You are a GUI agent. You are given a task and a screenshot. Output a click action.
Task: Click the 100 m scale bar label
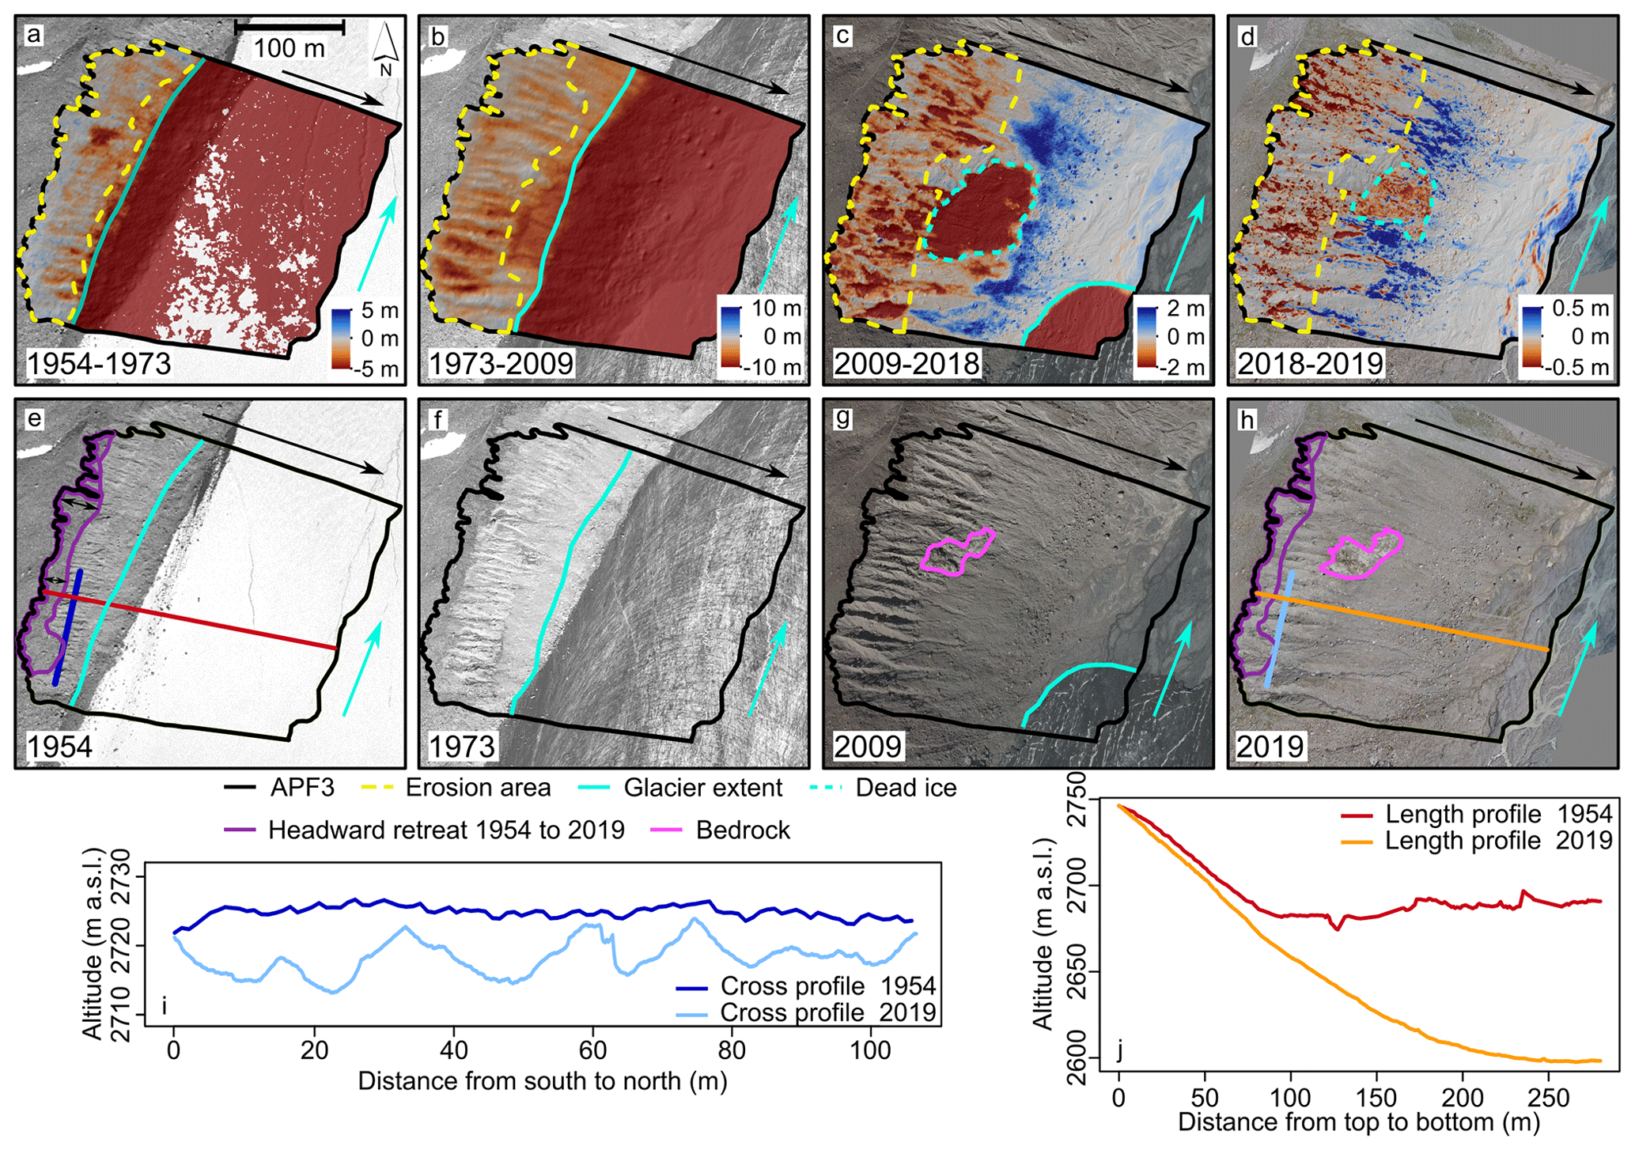click(289, 48)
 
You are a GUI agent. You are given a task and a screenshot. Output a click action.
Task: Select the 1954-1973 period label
click(99, 364)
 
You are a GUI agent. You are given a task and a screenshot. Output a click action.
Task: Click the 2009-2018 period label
click(906, 364)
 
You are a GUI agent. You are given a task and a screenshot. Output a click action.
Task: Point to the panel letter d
click(1247, 36)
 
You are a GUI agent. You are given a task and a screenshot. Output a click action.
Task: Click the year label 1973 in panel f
click(462, 746)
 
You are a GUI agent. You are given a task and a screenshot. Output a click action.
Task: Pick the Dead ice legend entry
click(906, 788)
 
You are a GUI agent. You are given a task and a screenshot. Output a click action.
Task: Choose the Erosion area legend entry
click(478, 788)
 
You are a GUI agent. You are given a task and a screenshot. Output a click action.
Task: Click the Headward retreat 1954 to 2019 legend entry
click(446, 830)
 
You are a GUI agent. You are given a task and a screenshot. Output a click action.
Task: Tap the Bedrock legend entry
click(743, 830)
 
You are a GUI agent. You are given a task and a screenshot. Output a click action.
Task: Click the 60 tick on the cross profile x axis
click(592, 1050)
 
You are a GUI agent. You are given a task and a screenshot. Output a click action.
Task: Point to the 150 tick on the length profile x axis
click(1377, 1097)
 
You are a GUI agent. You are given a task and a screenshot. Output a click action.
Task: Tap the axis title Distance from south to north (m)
click(543, 1080)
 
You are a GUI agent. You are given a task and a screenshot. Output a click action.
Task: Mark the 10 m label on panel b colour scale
click(776, 308)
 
